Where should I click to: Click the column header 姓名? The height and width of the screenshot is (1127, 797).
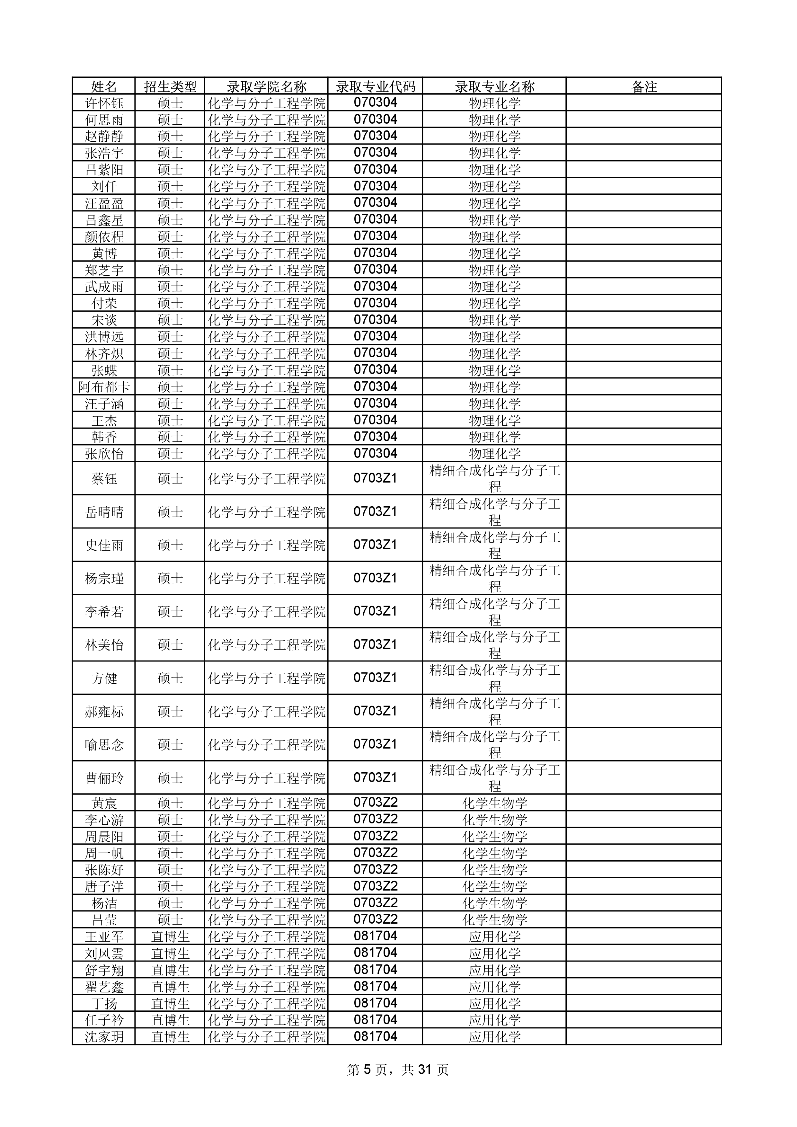coord(104,87)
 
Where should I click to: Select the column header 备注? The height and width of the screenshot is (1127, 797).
coord(643,87)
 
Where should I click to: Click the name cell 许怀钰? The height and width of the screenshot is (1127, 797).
coord(104,103)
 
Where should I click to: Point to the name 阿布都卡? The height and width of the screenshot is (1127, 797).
coord(104,387)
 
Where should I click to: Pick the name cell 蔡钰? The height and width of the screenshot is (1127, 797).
coord(104,479)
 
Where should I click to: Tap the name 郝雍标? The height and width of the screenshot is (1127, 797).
coord(104,712)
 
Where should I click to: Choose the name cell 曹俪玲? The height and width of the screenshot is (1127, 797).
coord(104,778)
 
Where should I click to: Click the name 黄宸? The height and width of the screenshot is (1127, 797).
coord(104,803)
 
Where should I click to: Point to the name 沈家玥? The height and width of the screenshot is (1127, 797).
coord(104,1037)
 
